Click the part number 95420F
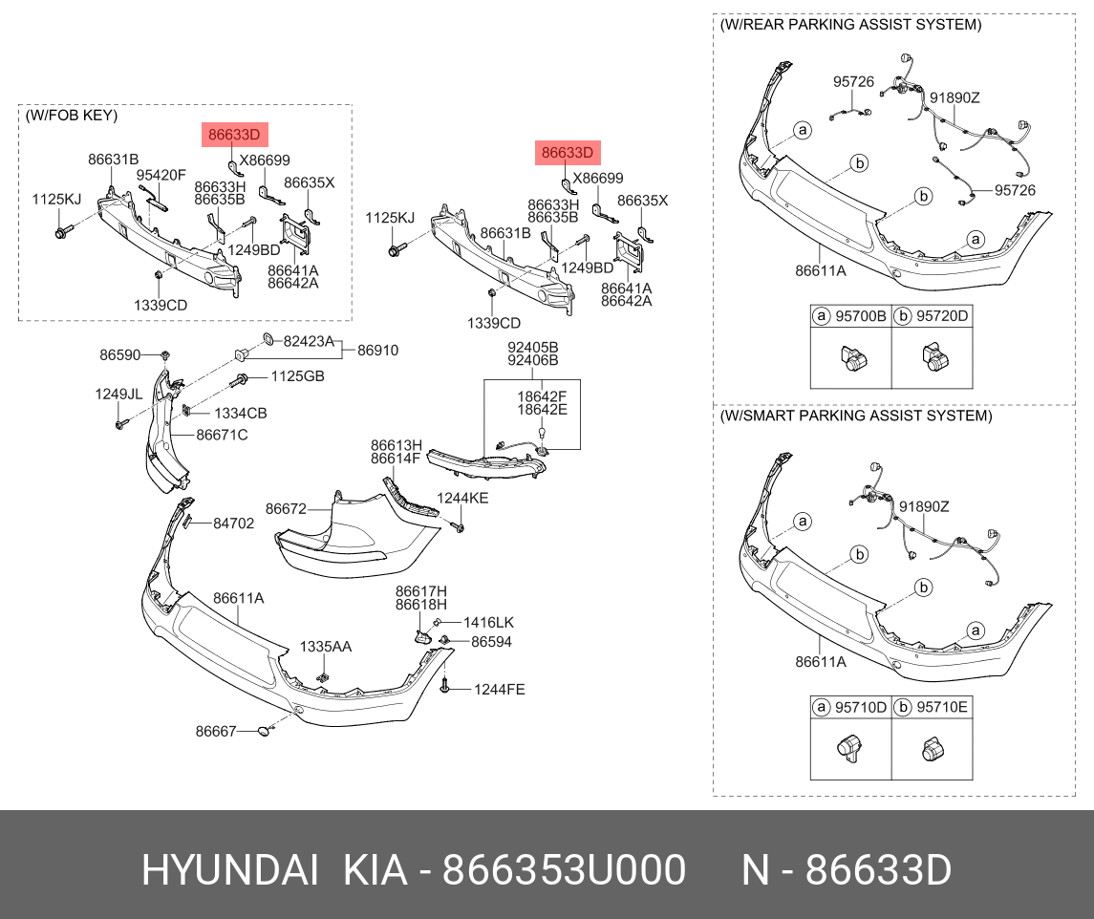[x=161, y=175]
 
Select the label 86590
[x=119, y=354]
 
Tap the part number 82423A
[x=309, y=341]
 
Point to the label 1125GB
[x=297, y=377]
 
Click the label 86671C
[x=222, y=435]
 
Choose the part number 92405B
[x=532, y=347]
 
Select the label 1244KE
[x=462, y=498]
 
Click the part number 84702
[x=233, y=524]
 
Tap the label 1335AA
[x=326, y=647]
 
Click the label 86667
[x=216, y=732]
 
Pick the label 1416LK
[x=488, y=623]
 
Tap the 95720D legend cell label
[x=942, y=315]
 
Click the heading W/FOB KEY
[x=72, y=116]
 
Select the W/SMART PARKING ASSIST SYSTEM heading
[x=855, y=417]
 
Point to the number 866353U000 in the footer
[x=565, y=871]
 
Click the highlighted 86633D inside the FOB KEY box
[x=235, y=135]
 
